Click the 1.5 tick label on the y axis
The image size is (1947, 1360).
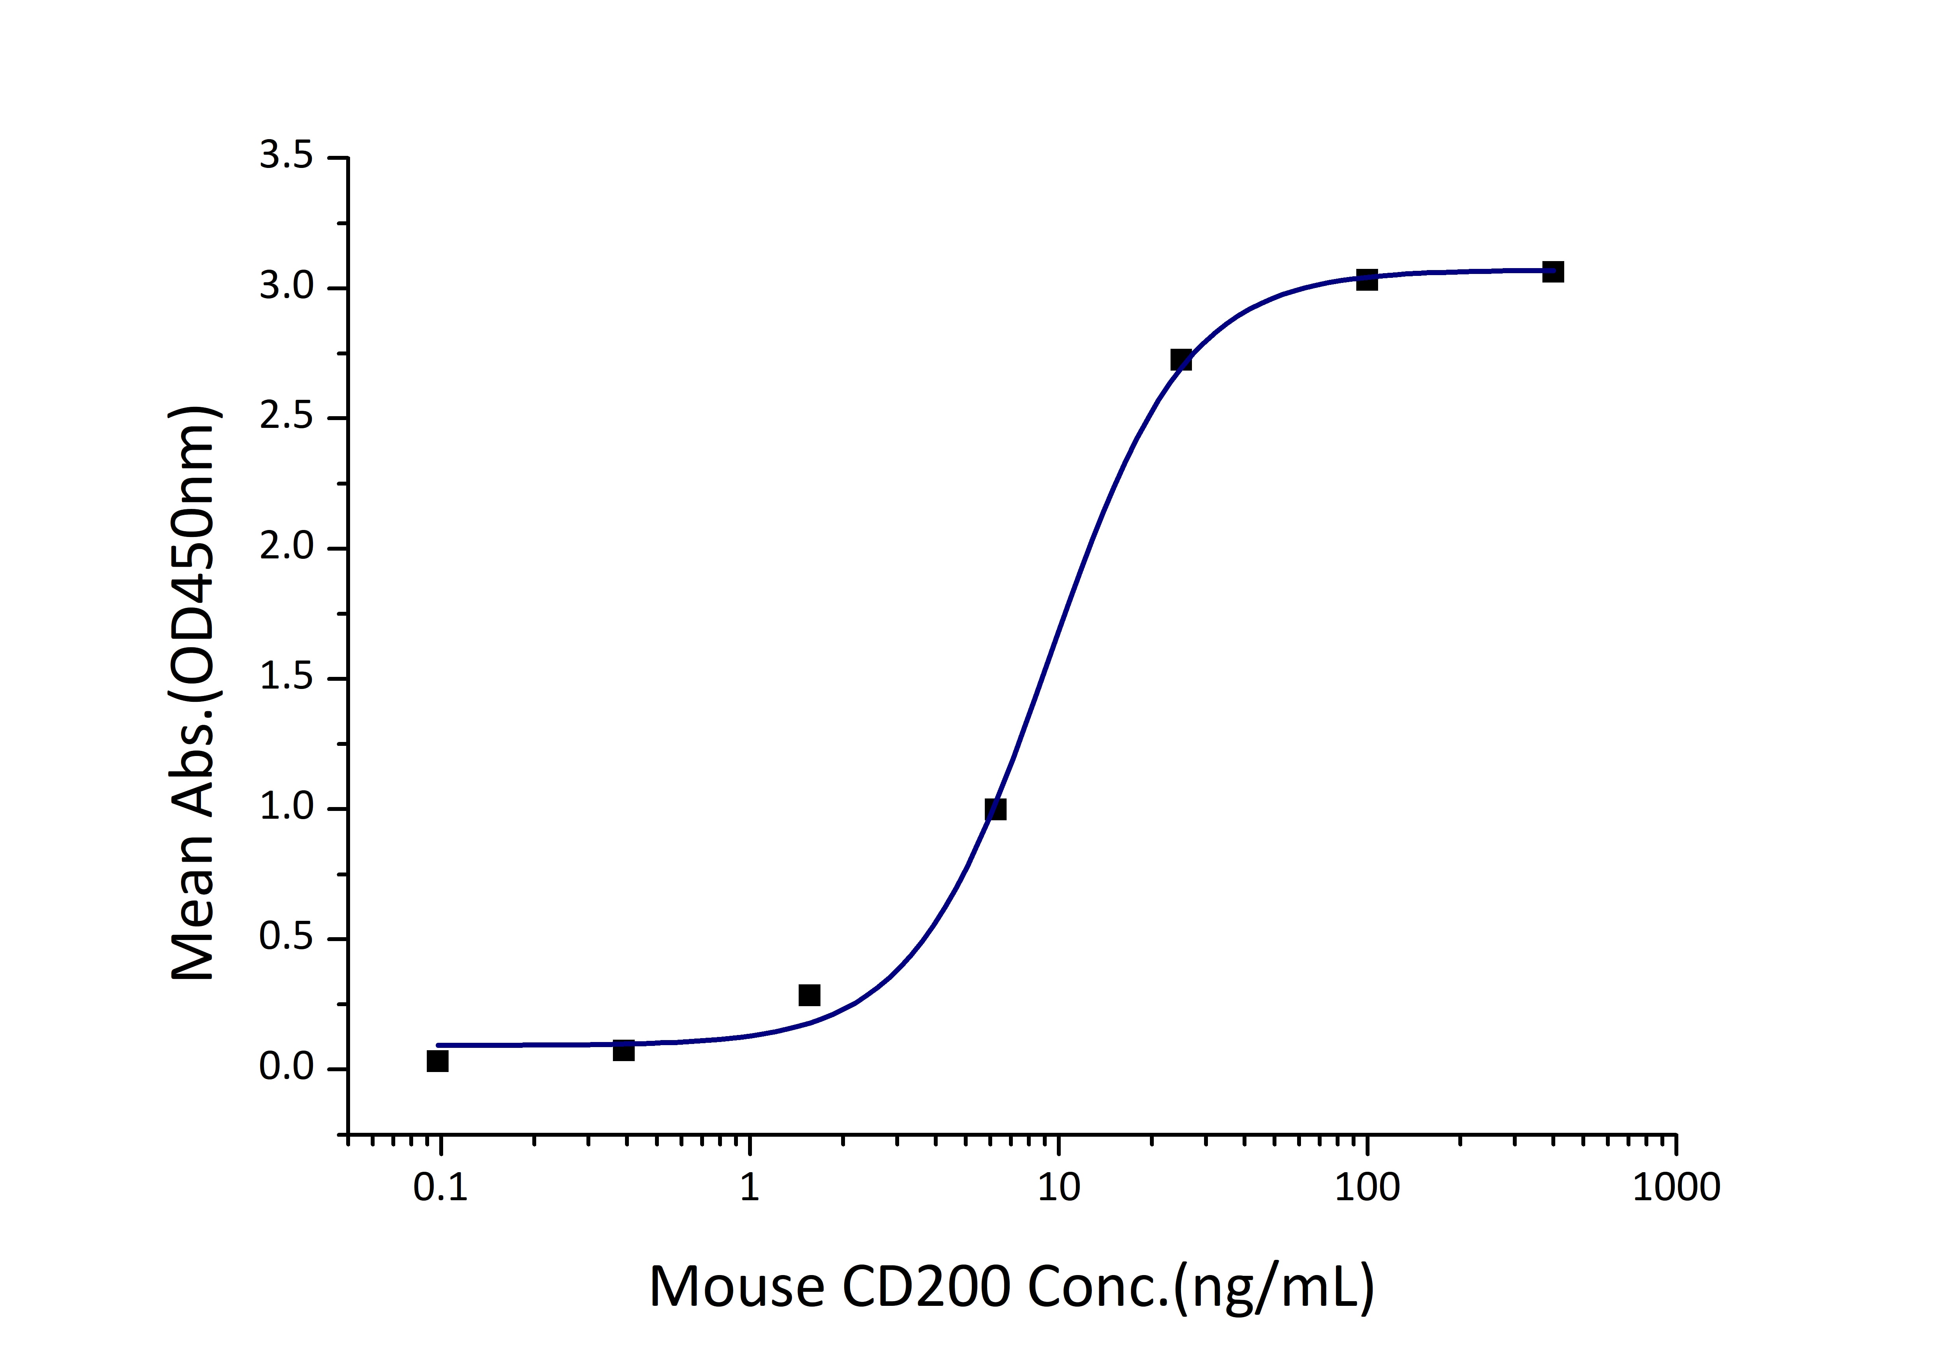[x=286, y=679]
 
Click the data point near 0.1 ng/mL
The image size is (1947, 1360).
[x=438, y=1060]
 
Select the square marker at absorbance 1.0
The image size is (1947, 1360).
[x=996, y=809]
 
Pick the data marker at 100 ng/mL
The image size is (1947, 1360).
[x=1366, y=280]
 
